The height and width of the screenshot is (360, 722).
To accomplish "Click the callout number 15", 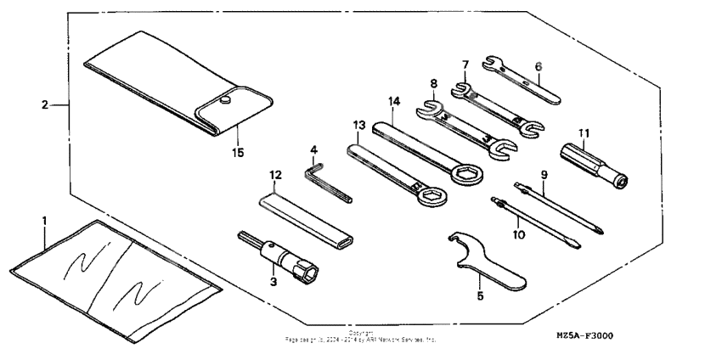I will [239, 152].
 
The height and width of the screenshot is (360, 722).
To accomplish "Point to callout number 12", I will [274, 174].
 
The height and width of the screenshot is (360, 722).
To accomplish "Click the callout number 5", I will [480, 296].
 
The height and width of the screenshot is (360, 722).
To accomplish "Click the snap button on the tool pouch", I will [227, 101].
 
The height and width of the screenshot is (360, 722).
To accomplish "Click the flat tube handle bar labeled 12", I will [306, 220].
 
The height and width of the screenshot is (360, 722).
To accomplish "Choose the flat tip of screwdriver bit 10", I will [576, 246].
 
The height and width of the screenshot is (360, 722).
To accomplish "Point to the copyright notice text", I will [360, 337].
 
